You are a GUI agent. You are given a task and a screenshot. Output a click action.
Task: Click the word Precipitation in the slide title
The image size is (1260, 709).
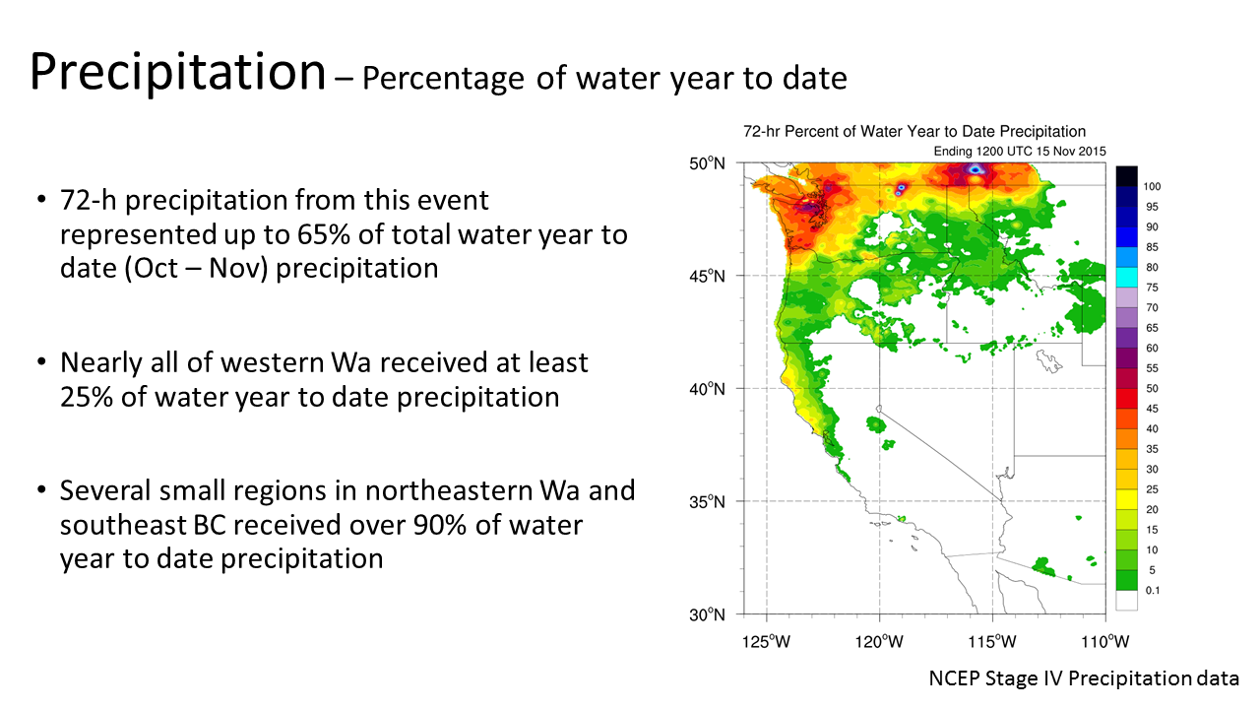pyautogui.click(x=177, y=72)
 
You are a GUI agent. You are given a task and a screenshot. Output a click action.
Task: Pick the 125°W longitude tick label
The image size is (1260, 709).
pyautogui.click(x=767, y=642)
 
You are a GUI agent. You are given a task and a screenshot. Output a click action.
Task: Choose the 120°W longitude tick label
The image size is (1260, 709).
pyautogui.click(x=880, y=642)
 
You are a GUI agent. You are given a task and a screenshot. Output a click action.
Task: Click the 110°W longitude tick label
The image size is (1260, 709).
pyautogui.click(x=1105, y=642)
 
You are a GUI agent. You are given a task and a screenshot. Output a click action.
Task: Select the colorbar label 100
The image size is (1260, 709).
pyautogui.click(x=1152, y=186)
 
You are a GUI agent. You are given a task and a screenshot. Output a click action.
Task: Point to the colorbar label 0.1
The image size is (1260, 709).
pyautogui.click(x=1151, y=591)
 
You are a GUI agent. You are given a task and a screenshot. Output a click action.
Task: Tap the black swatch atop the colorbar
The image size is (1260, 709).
pyautogui.click(x=1127, y=175)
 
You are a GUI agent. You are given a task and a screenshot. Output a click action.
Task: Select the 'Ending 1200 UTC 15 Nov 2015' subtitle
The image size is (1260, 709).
pyautogui.click(x=1019, y=151)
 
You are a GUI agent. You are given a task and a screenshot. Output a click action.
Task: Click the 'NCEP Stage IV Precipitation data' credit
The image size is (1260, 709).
pyautogui.click(x=1084, y=678)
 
